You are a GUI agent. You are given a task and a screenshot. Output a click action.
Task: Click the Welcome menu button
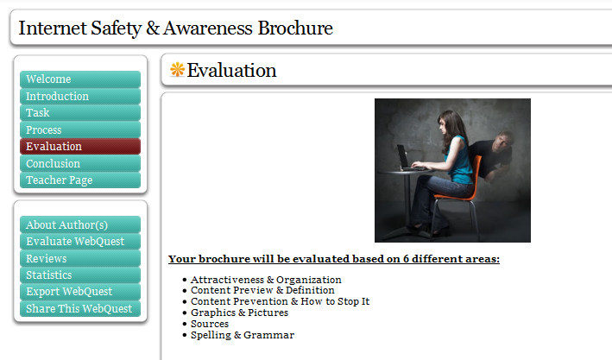click(x=79, y=79)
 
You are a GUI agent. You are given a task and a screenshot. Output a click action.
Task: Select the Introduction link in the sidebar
click(x=79, y=96)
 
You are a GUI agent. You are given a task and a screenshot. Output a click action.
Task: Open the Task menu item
click(x=79, y=113)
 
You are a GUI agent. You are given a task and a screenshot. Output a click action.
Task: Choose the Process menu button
click(x=79, y=129)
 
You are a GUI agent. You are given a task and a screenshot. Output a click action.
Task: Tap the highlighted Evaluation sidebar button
click(x=79, y=147)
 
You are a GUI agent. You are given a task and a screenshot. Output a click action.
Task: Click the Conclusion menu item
click(x=79, y=163)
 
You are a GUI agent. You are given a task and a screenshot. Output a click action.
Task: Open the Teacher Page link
click(x=79, y=180)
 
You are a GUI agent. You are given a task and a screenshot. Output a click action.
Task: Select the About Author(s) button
click(x=79, y=224)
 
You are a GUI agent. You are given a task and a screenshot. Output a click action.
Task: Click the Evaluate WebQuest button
click(x=79, y=241)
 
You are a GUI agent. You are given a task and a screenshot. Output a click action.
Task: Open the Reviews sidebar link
click(x=79, y=258)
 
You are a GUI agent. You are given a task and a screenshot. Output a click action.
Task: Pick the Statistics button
click(x=79, y=275)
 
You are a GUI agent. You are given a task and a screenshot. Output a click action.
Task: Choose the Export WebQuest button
click(x=79, y=292)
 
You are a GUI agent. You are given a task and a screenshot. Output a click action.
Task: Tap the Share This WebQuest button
click(x=79, y=308)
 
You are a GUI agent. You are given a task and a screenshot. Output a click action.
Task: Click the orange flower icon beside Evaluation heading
click(x=178, y=70)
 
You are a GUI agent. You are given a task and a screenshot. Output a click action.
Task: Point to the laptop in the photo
click(x=404, y=158)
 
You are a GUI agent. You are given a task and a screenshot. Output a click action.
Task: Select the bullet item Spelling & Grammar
click(x=243, y=335)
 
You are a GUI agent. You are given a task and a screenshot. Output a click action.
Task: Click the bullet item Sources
click(x=210, y=324)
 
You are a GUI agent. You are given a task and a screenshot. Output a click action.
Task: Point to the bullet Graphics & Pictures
click(x=239, y=313)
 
